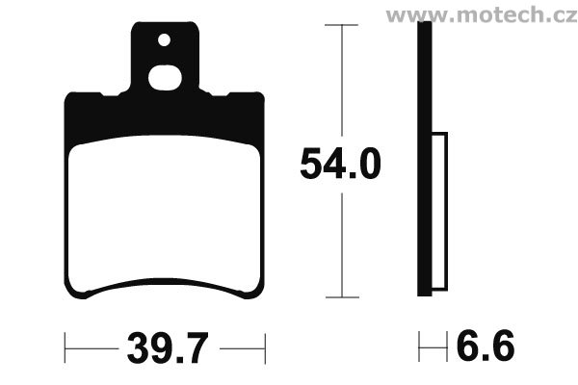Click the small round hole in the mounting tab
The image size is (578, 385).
(164, 39)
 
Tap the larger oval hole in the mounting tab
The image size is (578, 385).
(165, 78)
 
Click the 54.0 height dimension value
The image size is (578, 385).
(340, 164)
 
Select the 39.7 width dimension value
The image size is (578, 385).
(168, 347)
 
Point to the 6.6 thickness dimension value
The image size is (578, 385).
(486, 346)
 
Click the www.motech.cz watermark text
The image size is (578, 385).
(482, 15)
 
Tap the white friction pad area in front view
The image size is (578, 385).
(165, 213)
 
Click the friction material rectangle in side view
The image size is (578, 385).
(439, 211)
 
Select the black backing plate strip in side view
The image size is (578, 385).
(424, 159)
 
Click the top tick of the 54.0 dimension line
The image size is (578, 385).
(341, 25)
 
